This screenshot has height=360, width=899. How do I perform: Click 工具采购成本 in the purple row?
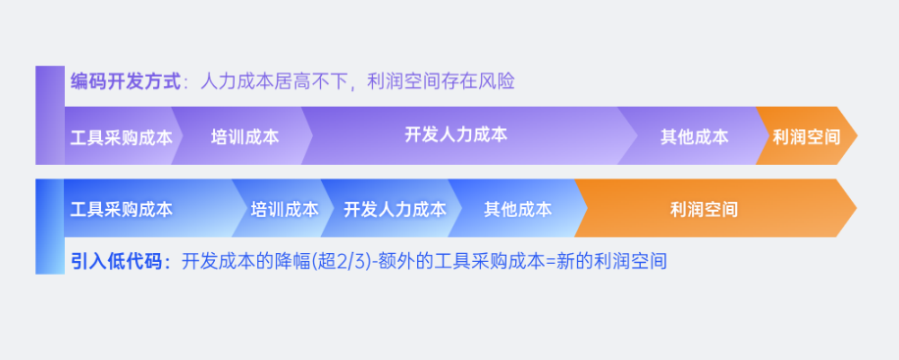point(122,136)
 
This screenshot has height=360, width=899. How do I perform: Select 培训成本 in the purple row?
point(244,136)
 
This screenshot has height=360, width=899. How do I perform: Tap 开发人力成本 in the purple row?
point(455,135)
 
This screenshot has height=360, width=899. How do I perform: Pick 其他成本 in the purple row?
point(694,136)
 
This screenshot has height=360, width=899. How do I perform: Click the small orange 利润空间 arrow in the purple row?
point(806,136)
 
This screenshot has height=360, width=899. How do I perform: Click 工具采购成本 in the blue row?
point(122,209)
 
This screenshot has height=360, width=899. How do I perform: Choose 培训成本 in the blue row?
point(284,209)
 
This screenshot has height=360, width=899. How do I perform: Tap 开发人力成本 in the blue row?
point(395,209)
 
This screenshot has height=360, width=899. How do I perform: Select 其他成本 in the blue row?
point(517,209)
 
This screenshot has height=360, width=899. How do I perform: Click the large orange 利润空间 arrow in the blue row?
point(704,209)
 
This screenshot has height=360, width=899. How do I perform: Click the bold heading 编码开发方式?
point(125,81)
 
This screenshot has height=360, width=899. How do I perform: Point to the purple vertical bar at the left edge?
point(49,115)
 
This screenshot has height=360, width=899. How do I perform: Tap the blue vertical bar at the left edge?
point(49,227)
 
